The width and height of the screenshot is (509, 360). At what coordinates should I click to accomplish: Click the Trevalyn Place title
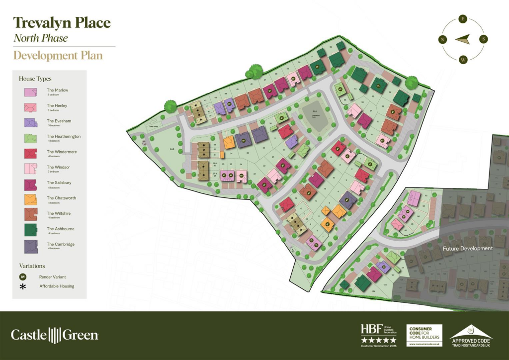pos(62,23)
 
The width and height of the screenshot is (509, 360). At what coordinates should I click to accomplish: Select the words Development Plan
pos(58,55)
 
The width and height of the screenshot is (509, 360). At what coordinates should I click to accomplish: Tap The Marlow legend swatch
pos(30,92)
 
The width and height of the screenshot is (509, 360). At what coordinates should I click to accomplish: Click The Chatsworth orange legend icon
pos(30,200)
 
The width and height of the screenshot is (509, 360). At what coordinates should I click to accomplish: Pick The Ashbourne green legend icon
pos(30,231)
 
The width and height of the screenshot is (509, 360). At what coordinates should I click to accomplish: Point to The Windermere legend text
pos(62,152)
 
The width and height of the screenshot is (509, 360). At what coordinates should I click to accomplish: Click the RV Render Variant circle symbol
pos(23,276)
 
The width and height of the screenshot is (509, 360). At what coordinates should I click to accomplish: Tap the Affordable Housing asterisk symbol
pos(23,286)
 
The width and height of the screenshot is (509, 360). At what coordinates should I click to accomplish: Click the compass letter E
pos(463,19)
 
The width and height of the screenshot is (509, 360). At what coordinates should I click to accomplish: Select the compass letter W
pos(463,60)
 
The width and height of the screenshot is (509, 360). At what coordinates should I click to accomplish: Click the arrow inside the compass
pos(463,39)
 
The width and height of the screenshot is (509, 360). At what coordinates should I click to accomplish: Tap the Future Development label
pos(468,248)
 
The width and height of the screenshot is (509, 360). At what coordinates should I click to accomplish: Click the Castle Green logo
pos(55,335)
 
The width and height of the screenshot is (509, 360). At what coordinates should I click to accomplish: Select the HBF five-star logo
pos(378,335)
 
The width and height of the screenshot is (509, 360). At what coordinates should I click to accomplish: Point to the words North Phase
pos(41,38)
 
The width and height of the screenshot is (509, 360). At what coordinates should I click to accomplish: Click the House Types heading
pos(35,79)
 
